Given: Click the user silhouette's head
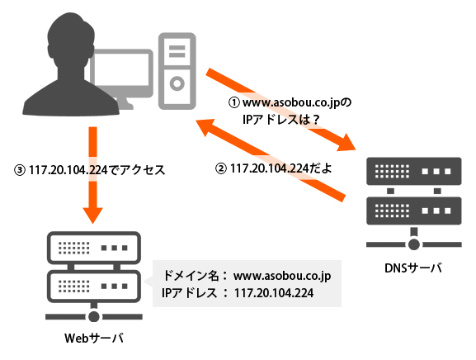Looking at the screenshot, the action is [70, 40].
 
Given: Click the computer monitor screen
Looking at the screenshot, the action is [121, 71].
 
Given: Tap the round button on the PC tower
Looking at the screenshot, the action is [177, 83].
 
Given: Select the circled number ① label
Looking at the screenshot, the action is [234, 102].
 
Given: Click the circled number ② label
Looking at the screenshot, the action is [221, 168].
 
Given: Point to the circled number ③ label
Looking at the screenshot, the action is [20, 170].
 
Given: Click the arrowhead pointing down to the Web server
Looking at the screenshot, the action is [92, 215].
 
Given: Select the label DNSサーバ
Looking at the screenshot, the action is [413, 268].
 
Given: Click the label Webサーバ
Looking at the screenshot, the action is [94, 338].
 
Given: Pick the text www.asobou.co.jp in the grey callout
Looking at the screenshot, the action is [282, 276].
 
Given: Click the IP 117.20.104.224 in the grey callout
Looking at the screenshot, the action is [274, 293].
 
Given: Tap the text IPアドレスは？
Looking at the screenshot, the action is [280, 120].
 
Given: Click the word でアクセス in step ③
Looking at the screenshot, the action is [137, 170].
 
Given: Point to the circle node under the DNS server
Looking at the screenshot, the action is [413, 244].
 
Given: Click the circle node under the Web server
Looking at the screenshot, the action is [93, 316].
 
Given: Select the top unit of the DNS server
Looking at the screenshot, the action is [414, 171].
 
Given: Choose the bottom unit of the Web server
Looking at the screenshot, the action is [94, 287].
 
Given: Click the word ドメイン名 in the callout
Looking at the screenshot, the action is [191, 276].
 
